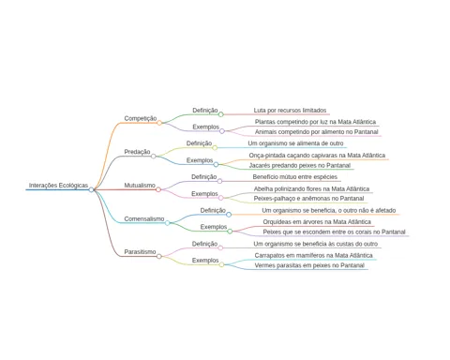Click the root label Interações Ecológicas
pyautogui.click(x=58, y=186)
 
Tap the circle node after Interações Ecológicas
pyautogui.click(x=91, y=189)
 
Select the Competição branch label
pyautogui.click(x=141, y=118)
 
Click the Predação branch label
pyautogui.click(x=137, y=152)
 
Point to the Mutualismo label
pyautogui.click(x=140, y=186)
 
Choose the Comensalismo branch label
pyautogui.click(x=144, y=218)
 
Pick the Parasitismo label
pyautogui.click(x=140, y=252)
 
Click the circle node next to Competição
pyautogui.click(x=159, y=123)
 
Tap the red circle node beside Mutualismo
pyautogui.click(x=158, y=189)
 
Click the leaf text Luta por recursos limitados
pyautogui.click(x=290, y=111)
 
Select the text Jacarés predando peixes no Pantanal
pyautogui.click(x=300, y=165)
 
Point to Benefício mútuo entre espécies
pyautogui.click(x=295, y=177)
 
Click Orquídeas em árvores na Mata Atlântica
pyautogui.click(x=317, y=222)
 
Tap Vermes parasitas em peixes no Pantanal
pyautogui.click(x=309, y=265)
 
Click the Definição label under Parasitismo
pyautogui.click(x=204, y=244)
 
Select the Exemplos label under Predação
pyautogui.click(x=200, y=160)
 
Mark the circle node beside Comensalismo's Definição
pyautogui.click(x=229, y=215)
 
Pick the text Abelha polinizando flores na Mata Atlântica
pyautogui.click(x=311, y=188)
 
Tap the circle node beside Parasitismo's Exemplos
pyautogui.click(x=221, y=264)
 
